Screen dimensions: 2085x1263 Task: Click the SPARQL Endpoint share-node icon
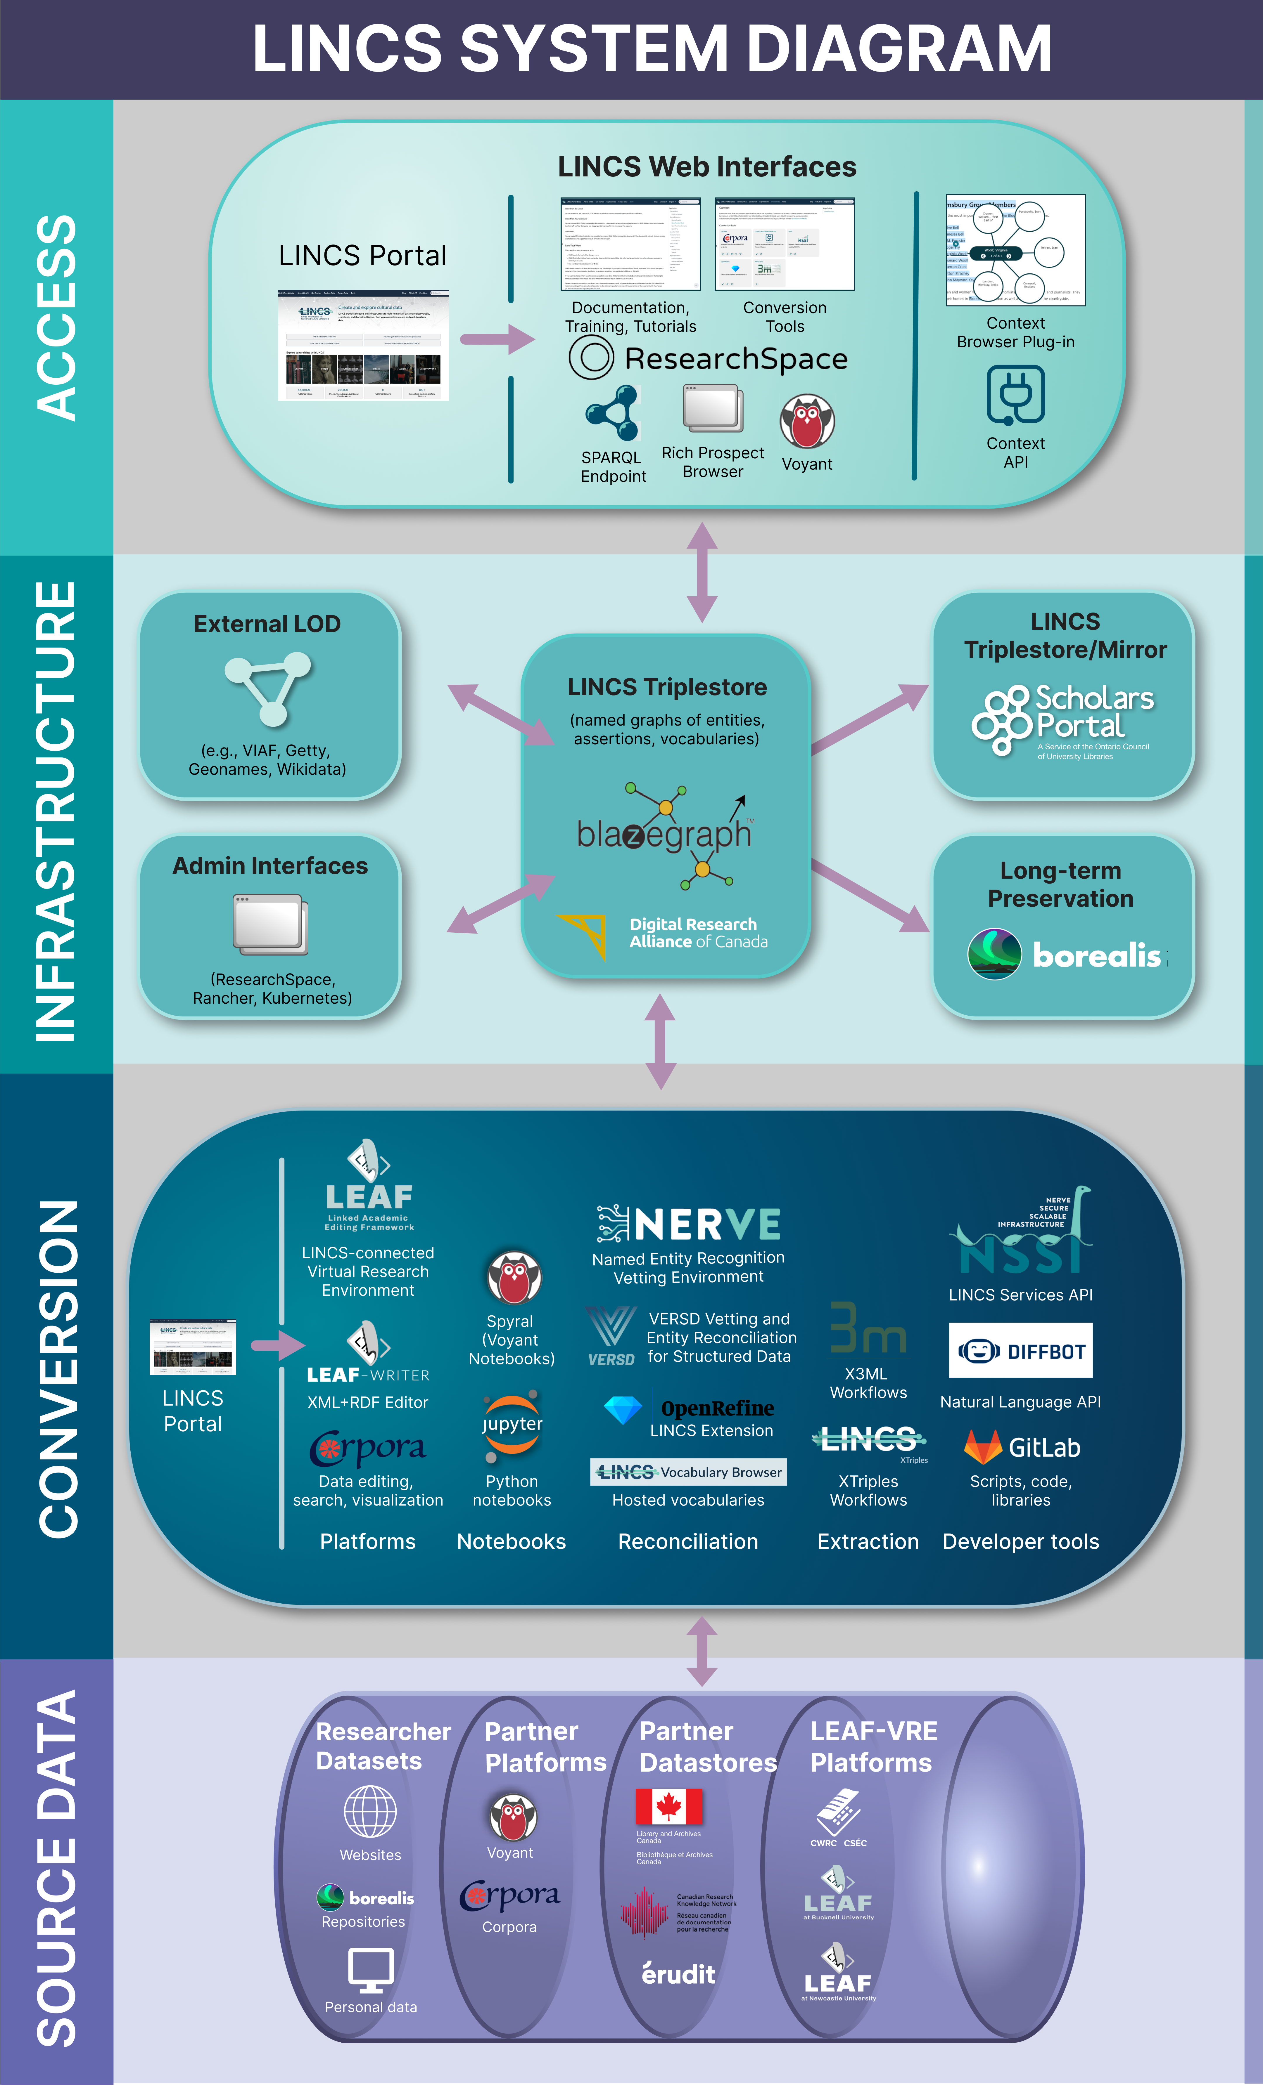point(612,413)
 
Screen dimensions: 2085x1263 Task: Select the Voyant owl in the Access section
point(807,421)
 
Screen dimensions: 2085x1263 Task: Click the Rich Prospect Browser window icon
point(713,409)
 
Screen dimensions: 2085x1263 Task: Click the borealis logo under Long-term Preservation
point(1065,955)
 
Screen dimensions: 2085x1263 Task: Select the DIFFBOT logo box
point(1021,1350)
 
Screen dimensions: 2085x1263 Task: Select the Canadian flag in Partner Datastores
point(669,1807)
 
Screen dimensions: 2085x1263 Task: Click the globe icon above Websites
point(370,1812)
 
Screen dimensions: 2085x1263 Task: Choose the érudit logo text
point(678,1974)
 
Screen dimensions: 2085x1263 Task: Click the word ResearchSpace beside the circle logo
point(736,359)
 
